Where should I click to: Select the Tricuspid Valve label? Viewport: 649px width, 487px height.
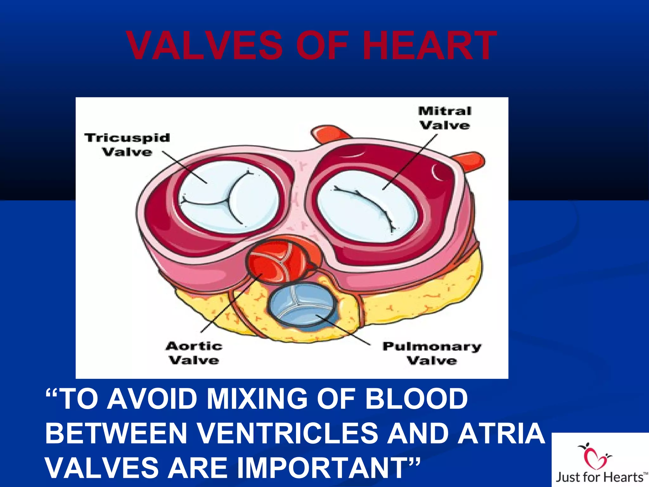[127, 145]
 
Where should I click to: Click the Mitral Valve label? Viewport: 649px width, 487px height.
[445, 118]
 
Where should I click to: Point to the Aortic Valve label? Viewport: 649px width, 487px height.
[194, 353]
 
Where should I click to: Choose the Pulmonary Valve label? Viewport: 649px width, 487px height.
[432, 353]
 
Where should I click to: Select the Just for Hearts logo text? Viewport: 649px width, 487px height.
[600, 477]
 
